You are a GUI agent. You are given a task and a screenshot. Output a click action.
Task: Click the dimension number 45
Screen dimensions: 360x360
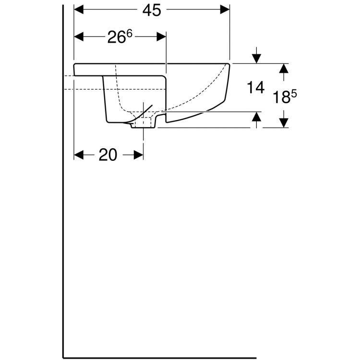(152, 11)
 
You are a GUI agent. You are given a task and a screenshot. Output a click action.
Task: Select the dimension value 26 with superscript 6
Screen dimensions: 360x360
(119, 38)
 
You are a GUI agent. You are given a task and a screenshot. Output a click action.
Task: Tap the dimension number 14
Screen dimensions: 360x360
(256, 87)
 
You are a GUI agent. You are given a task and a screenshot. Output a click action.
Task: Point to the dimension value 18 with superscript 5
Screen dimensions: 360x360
(286, 97)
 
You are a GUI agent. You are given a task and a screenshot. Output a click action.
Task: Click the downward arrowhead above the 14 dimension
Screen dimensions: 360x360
(257, 58)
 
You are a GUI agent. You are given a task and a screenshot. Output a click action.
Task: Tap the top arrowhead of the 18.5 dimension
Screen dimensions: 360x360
(284, 68)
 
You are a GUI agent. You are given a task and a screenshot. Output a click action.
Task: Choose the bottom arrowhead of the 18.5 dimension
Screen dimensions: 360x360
(284, 123)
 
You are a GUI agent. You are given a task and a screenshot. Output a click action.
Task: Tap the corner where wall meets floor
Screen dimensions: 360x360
(64, 357)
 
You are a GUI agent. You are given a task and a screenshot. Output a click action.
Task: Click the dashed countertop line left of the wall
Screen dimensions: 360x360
(69, 76)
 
